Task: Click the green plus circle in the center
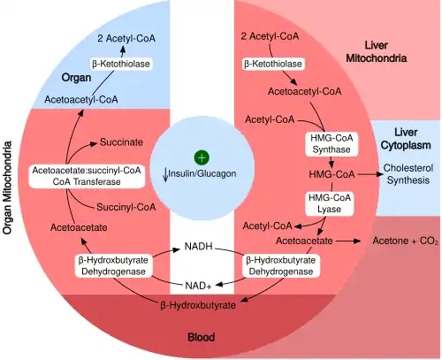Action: point(202,157)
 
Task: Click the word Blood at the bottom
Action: point(202,337)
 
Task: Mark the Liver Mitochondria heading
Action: point(385,51)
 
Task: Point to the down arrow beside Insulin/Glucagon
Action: point(165,173)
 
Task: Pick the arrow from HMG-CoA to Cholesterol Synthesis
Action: point(361,174)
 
